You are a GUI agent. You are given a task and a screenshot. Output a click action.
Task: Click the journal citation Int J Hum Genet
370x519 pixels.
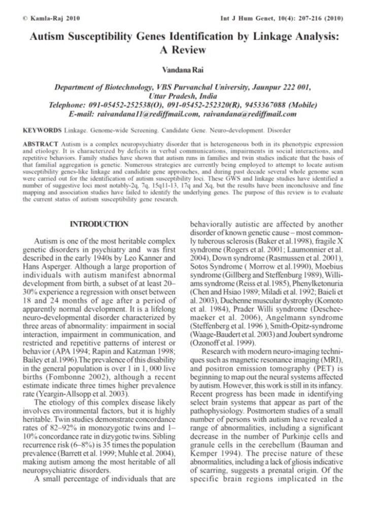tap(244, 19)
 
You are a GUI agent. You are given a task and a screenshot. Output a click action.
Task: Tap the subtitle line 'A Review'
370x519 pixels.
tap(185, 50)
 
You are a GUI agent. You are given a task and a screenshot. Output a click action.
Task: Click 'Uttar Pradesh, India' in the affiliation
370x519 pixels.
tap(185, 96)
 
